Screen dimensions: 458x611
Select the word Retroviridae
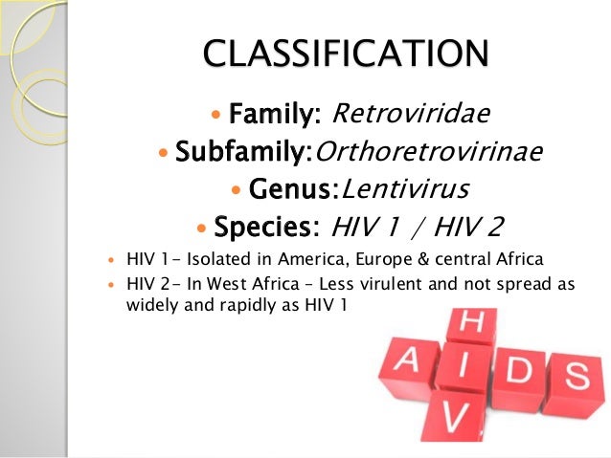click(x=410, y=115)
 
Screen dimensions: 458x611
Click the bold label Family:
click(x=275, y=115)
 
